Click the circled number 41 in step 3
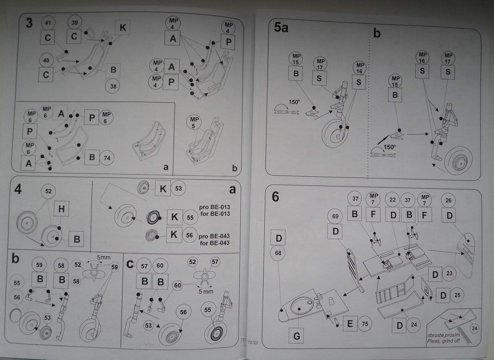coord(48,23)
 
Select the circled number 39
coord(75,22)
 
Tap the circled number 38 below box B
coord(113,86)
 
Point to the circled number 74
coord(107,158)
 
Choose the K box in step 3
coord(123,28)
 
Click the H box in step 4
coord(61,209)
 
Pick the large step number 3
coord(29,23)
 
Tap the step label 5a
coord(281,28)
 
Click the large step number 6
coord(275,197)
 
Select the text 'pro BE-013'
coord(214,207)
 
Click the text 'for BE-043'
coord(215,243)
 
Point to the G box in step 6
coord(296,336)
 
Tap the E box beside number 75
coord(350,324)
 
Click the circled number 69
coord(336,216)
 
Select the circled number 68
coord(278,253)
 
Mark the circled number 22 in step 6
coord(392,200)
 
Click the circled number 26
coord(448,201)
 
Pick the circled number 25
coord(457,295)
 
